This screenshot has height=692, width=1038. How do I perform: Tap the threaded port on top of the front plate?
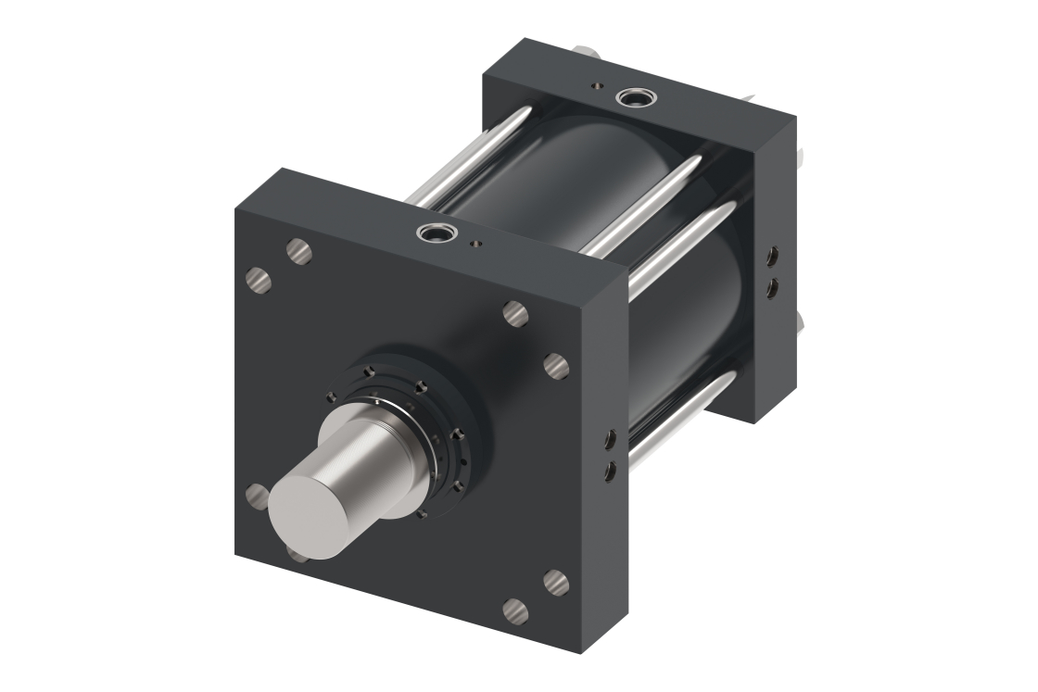pos(430,233)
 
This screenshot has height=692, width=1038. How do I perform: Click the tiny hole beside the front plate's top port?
pos(475,245)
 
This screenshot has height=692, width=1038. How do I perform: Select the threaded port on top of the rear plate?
pos(635,95)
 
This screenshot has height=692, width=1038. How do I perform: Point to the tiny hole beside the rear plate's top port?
pos(595,86)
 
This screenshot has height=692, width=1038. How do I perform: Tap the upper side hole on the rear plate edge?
pos(771,256)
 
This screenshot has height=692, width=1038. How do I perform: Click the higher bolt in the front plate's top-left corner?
pos(298,251)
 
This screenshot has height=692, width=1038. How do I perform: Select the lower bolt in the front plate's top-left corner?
pos(259,280)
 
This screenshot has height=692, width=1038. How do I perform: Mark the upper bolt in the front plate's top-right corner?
pos(515,314)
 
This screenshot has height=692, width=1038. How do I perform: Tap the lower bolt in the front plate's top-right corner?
pos(556,366)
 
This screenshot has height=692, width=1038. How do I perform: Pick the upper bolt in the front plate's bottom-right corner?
pos(555,583)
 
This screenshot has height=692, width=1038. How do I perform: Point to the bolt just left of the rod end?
pos(258,497)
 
